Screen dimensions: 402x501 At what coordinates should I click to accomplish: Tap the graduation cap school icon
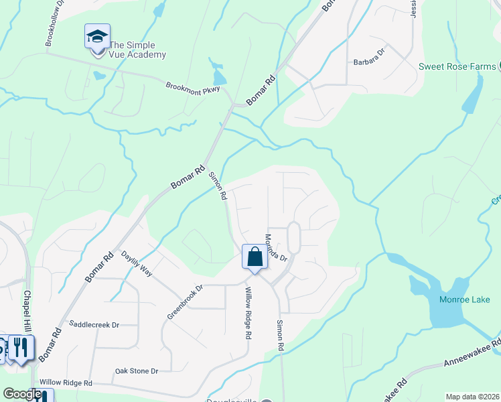click(97, 36)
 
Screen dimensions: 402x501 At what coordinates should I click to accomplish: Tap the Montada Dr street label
click(275, 247)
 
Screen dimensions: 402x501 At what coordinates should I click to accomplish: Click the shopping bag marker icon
click(255, 257)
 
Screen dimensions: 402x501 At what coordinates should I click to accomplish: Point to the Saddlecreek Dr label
click(94, 324)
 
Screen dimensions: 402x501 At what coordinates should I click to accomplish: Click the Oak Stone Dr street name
click(136, 371)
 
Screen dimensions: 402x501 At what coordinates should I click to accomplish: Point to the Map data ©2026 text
click(473, 397)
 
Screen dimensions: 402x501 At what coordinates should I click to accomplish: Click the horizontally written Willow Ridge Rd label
click(65, 383)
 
